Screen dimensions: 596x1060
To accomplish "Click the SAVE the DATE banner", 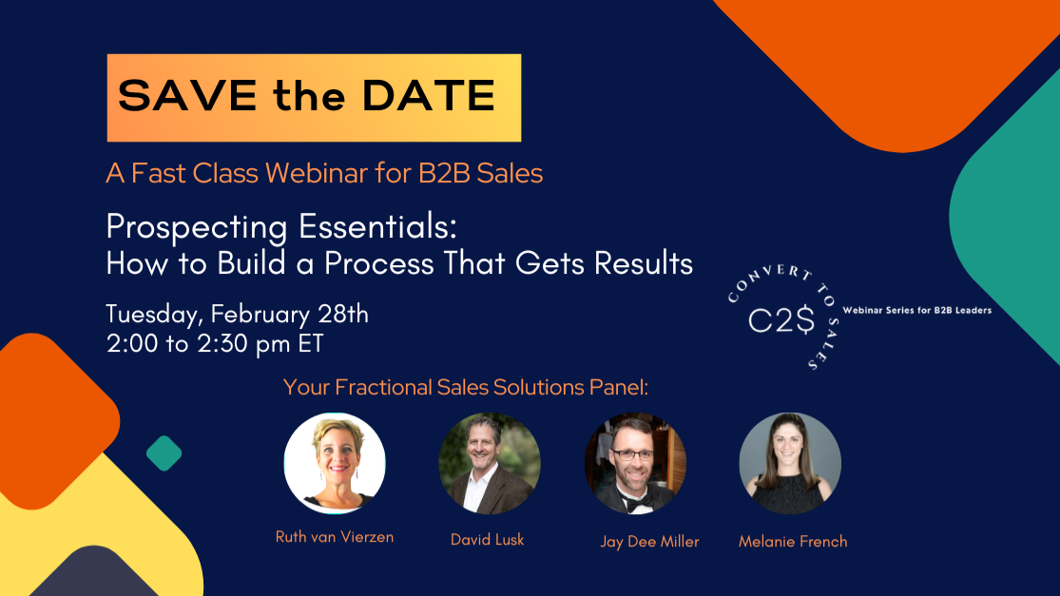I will (x=314, y=97).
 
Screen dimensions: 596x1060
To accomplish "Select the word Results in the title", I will (x=644, y=262).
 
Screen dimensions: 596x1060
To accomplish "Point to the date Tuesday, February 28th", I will (x=237, y=314).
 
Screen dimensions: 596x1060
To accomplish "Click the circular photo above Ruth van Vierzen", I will (x=335, y=463).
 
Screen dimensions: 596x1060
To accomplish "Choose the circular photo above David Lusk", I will (x=489, y=463).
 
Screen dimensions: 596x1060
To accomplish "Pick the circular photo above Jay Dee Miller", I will (x=635, y=463).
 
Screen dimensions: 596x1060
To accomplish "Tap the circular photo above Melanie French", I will (x=790, y=463).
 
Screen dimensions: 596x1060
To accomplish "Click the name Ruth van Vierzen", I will (x=335, y=537).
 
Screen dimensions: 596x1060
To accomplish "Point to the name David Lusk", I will (x=488, y=540).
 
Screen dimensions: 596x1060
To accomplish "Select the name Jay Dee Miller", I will (x=649, y=542).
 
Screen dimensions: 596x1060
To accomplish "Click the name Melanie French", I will (x=793, y=542).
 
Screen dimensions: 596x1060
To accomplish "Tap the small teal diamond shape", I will (x=164, y=453).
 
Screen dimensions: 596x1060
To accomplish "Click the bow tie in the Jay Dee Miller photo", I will (x=634, y=502).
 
